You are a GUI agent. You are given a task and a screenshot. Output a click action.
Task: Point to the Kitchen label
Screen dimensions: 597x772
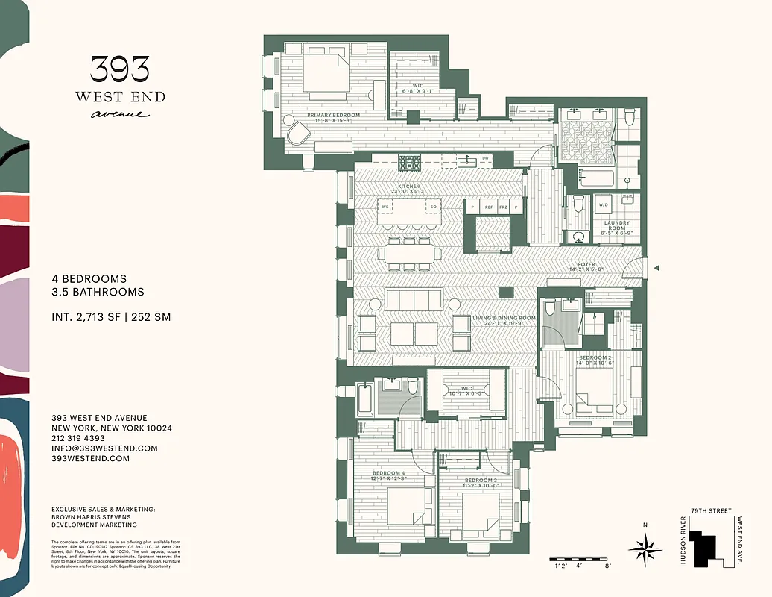coord(408,186)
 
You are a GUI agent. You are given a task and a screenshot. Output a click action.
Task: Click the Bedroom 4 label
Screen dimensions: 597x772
coord(389,474)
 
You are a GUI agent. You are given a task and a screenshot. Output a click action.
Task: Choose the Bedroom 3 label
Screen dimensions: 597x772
coord(481,480)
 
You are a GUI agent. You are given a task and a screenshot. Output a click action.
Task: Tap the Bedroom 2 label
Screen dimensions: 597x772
coord(595,358)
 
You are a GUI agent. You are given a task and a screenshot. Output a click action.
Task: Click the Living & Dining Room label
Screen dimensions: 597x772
coord(504,319)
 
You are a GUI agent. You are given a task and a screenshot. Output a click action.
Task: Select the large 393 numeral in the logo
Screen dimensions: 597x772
coord(119,69)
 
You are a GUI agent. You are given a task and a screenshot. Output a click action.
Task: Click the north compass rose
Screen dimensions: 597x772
coord(645,550)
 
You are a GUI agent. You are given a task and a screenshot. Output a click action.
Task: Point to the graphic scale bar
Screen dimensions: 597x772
coord(581,559)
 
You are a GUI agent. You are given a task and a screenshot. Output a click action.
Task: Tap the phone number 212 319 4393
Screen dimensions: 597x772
coord(83,439)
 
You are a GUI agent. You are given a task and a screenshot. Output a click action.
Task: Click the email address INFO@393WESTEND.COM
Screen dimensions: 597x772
coord(104,448)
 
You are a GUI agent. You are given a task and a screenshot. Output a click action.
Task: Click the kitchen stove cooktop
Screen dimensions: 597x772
coord(409,162)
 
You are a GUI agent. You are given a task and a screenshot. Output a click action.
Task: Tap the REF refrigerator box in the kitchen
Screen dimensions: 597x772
coord(489,207)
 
